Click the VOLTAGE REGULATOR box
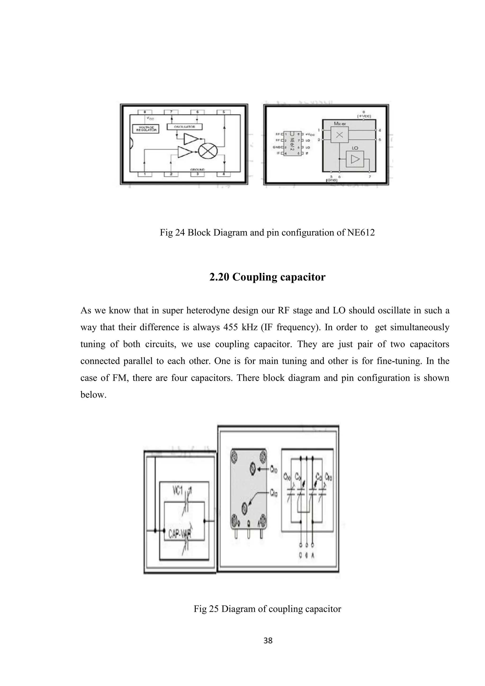(146, 129)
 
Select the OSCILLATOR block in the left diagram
(184, 127)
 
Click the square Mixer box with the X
(339, 135)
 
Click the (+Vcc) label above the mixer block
(364, 116)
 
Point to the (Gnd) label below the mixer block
(332, 180)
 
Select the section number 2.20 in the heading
(219, 277)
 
